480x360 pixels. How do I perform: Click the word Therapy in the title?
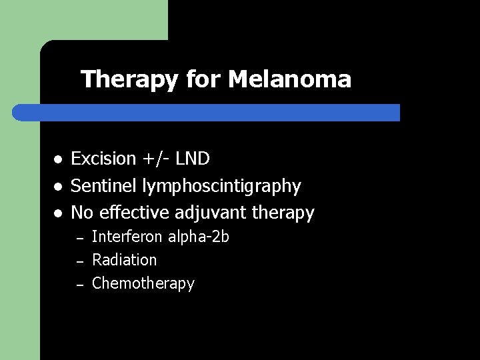pyautogui.click(x=129, y=80)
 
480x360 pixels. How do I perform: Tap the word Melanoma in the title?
pyautogui.click(x=289, y=80)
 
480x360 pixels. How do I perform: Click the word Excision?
pyautogui.click(x=103, y=159)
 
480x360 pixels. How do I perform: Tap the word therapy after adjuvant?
pyautogui.click(x=281, y=213)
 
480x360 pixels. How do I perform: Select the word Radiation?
pyautogui.click(x=125, y=260)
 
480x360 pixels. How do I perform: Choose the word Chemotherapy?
pyautogui.click(x=143, y=283)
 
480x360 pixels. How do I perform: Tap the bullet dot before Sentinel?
pyautogui.click(x=59, y=187)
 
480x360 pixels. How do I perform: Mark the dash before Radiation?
pyautogui.click(x=79, y=261)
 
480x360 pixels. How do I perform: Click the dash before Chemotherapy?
pyautogui.click(x=79, y=285)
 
